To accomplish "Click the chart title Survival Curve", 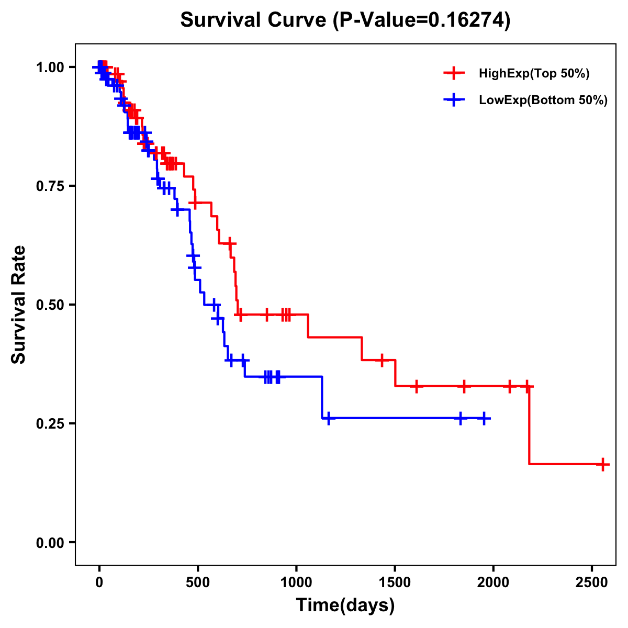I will tap(345, 20).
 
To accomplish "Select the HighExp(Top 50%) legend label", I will tap(534, 74).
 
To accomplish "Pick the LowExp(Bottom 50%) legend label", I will tap(543, 100).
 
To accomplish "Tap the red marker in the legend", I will tap(454, 73).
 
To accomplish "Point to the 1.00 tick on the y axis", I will tap(50, 67).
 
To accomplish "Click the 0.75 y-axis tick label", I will tap(50, 186).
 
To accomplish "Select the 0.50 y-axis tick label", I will tap(50, 305).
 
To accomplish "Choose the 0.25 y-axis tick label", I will tap(50, 423).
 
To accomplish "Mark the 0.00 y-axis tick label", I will tap(50, 542).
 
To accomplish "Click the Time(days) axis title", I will tap(345, 605).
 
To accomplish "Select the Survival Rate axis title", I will tap(19, 304).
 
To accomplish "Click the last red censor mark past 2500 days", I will tap(603, 464).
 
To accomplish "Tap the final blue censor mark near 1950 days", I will tap(485, 419).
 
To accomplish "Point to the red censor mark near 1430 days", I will tap(382, 360).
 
